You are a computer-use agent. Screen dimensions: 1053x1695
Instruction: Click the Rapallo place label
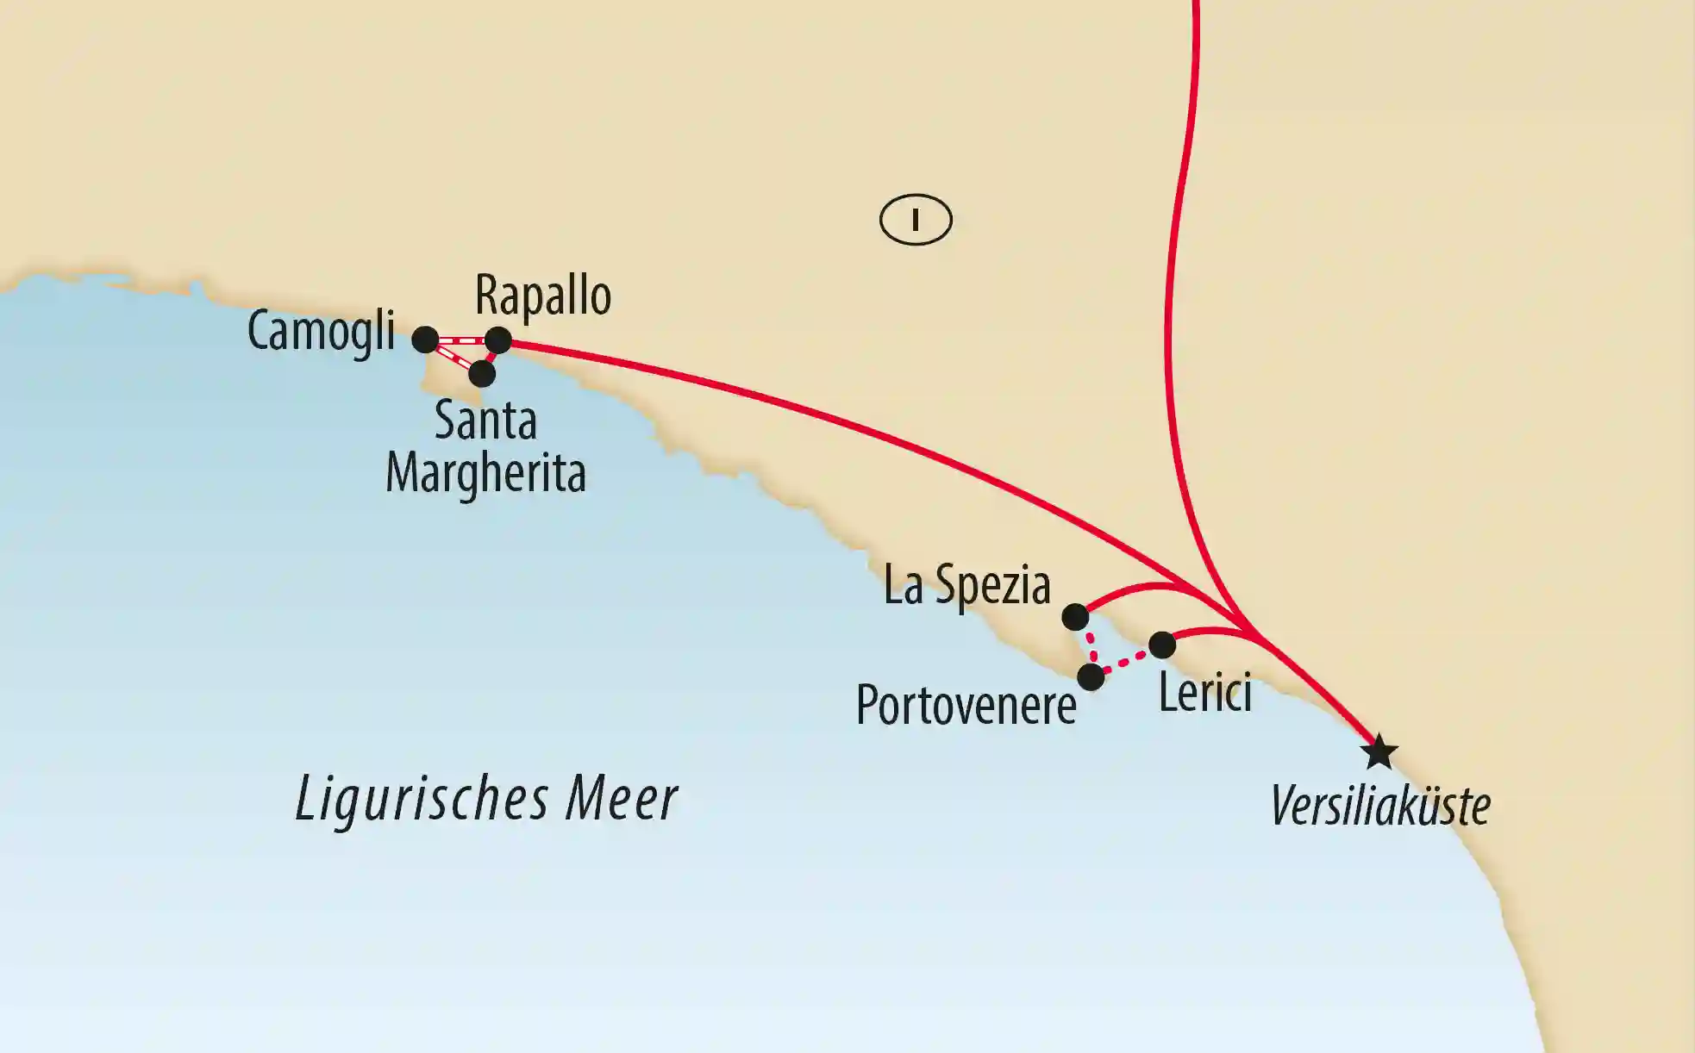coord(543,297)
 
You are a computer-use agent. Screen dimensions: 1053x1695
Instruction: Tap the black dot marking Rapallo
coord(498,340)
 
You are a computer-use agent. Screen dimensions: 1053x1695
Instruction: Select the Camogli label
coord(321,332)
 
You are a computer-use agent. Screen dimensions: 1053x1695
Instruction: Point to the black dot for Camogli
coord(425,340)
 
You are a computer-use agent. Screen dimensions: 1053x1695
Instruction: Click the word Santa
coord(485,421)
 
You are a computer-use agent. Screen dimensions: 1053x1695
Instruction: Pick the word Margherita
coord(485,473)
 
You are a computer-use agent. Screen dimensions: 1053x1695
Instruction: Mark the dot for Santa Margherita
coord(482,374)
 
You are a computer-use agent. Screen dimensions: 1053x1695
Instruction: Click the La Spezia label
coord(966,586)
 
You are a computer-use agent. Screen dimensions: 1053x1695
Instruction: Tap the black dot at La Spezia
coord(1075,617)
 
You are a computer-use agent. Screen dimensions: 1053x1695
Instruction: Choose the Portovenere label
coord(966,706)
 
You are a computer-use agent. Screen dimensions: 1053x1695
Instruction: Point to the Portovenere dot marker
coord(1091,677)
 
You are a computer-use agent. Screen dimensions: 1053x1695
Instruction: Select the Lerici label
coord(1204,694)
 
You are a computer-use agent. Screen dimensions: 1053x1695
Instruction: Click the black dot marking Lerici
coord(1162,645)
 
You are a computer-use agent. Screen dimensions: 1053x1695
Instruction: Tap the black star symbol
coord(1379,752)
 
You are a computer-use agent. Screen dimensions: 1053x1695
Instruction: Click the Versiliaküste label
coord(1380,807)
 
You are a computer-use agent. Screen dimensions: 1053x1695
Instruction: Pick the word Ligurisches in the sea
coord(422,799)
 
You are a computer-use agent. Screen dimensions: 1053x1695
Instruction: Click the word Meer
coord(621,799)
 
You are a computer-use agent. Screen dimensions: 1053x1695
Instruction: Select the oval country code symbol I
coord(916,221)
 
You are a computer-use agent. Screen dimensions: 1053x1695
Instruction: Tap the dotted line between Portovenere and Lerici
coord(1126,662)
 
